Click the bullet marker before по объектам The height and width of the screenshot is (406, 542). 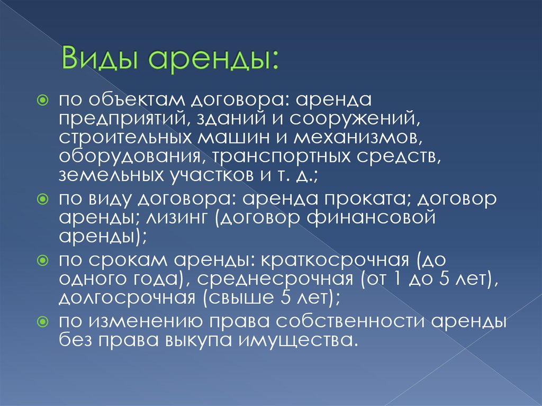[x=42, y=101]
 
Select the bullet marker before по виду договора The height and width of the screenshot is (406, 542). [x=42, y=199]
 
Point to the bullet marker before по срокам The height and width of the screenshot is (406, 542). [x=42, y=260]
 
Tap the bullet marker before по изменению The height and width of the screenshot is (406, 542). [x=42, y=322]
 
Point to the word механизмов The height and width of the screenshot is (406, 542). [x=358, y=138]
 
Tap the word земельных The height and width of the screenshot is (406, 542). [x=111, y=175]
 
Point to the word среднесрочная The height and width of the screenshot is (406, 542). [x=275, y=279]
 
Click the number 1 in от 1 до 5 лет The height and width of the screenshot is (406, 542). [x=398, y=279]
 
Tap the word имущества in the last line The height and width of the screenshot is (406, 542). [x=297, y=341]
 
